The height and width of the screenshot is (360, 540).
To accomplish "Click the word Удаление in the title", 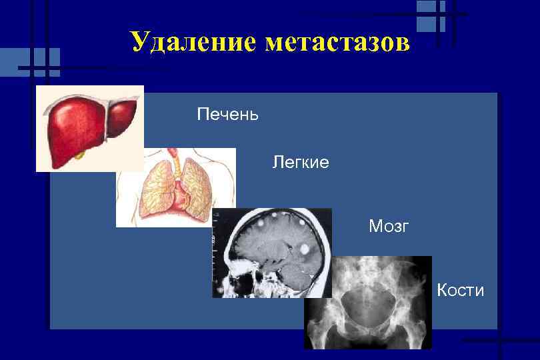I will (193, 42).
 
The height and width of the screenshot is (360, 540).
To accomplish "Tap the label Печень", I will (227, 115).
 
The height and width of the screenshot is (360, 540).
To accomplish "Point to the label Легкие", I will (300, 162).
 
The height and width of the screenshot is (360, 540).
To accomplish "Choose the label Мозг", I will (389, 227).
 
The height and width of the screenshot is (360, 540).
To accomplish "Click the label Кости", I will (460, 291).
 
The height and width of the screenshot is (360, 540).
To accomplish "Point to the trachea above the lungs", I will (175, 160).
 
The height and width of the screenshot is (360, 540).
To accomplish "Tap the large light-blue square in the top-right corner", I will (426, 14).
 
